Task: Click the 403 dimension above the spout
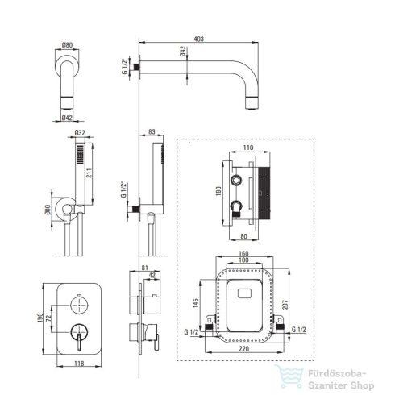[198, 39]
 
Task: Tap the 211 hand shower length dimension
[89, 173]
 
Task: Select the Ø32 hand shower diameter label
[80, 133]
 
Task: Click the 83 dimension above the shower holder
[152, 131]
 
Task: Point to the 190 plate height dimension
[40, 318]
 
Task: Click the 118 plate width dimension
[79, 364]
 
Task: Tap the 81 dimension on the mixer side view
[145, 268]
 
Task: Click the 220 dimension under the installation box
[244, 348]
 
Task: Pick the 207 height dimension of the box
[285, 305]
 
